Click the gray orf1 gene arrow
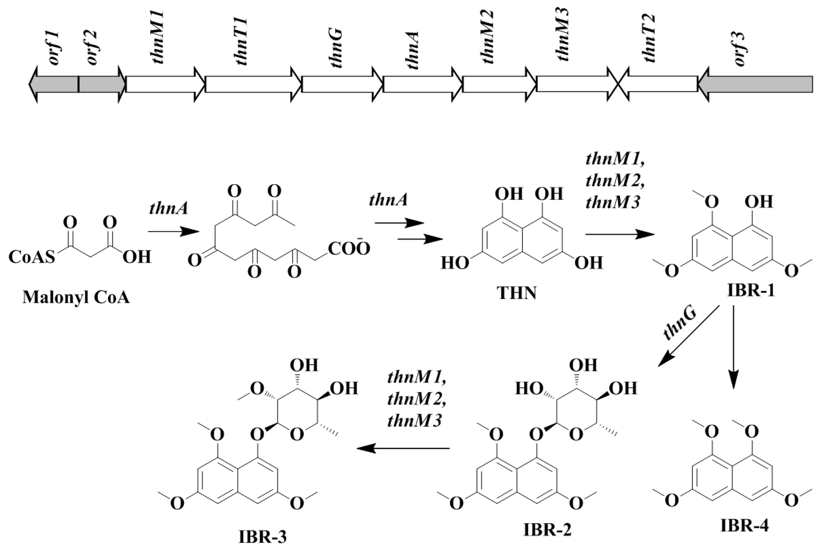point(54,85)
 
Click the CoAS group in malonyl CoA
point(32,257)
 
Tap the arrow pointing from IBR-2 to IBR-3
point(403,448)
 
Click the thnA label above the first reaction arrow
point(169,208)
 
